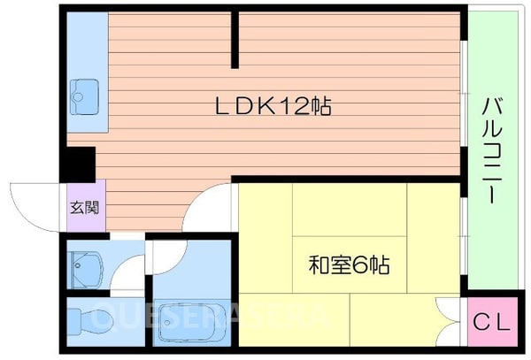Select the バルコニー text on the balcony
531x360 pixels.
[491, 150]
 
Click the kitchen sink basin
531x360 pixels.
[85, 91]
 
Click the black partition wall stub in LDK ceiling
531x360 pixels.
[235, 39]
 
